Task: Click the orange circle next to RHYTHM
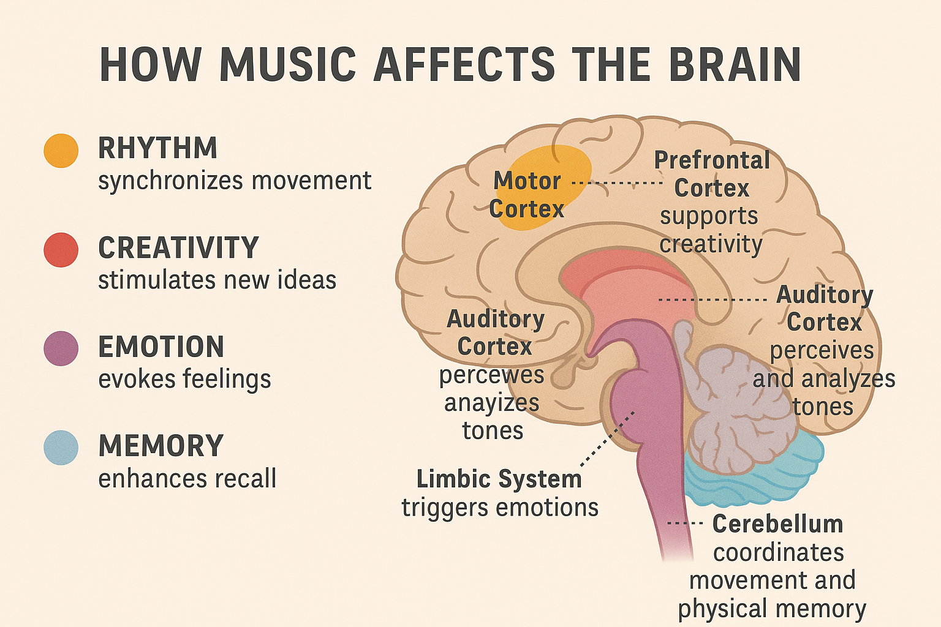point(61,151)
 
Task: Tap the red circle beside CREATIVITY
point(61,250)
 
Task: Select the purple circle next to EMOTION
point(61,348)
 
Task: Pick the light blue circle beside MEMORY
point(61,448)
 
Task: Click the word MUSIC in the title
point(288,64)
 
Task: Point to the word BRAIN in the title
point(735,64)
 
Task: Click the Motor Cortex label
point(527,195)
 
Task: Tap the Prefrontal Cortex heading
point(712,174)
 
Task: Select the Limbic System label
point(499,479)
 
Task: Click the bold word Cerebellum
point(777,524)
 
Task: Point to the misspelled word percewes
point(491,375)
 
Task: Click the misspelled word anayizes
point(491,403)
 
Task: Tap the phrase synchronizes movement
point(235,181)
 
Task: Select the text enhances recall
point(187,478)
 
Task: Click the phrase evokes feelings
point(184,379)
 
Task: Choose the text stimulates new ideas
point(217,280)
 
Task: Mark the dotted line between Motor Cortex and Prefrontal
point(618,182)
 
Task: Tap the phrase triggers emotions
point(500,508)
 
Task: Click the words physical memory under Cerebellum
point(772,609)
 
